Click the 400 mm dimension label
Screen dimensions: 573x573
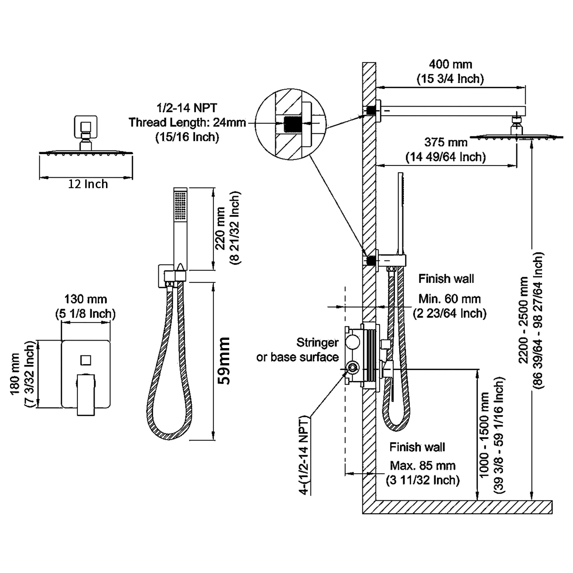pyautogui.click(x=450, y=65)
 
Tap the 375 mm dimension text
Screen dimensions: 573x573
pyautogui.click(x=446, y=143)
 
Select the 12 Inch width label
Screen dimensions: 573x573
pyautogui.click(x=88, y=184)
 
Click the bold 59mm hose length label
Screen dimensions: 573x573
pyautogui.click(x=224, y=361)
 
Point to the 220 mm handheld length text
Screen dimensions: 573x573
pyautogui.click(x=220, y=228)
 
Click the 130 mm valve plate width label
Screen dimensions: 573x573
pyautogui.click(x=86, y=299)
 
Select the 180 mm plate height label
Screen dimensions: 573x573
pyautogui.click(x=15, y=374)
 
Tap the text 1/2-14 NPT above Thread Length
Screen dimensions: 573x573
pyautogui.click(x=187, y=108)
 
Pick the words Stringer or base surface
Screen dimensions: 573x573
pyautogui.click(x=298, y=350)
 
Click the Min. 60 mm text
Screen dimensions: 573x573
pyautogui.click(x=449, y=299)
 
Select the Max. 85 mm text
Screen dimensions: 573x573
pyautogui.click(x=423, y=466)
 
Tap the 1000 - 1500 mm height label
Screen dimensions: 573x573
pyautogui.click(x=484, y=435)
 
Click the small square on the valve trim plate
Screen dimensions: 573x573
pyautogui.click(x=86, y=360)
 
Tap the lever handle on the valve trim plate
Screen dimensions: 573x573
pyautogui.click(x=86, y=394)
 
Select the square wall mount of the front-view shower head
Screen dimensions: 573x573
pyautogui.click(x=86, y=127)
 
